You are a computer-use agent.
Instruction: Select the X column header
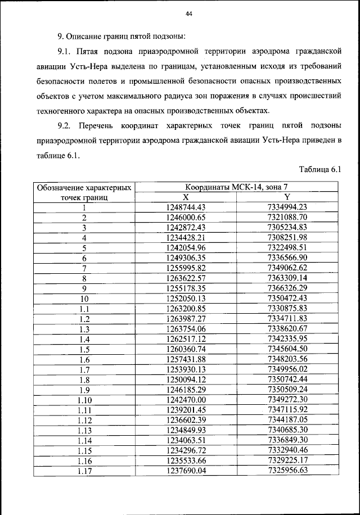click(x=185, y=197)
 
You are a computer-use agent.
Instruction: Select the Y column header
click(x=287, y=197)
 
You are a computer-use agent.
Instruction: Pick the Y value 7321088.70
click(x=287, y=217)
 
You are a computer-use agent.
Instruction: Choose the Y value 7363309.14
click(x=287, y=278)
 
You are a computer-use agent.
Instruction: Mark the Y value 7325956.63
click(x=287, y=471)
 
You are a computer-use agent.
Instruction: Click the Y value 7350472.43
click(x=287, y=298)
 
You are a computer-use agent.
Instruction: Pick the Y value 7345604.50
click(x=287, y=349)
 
